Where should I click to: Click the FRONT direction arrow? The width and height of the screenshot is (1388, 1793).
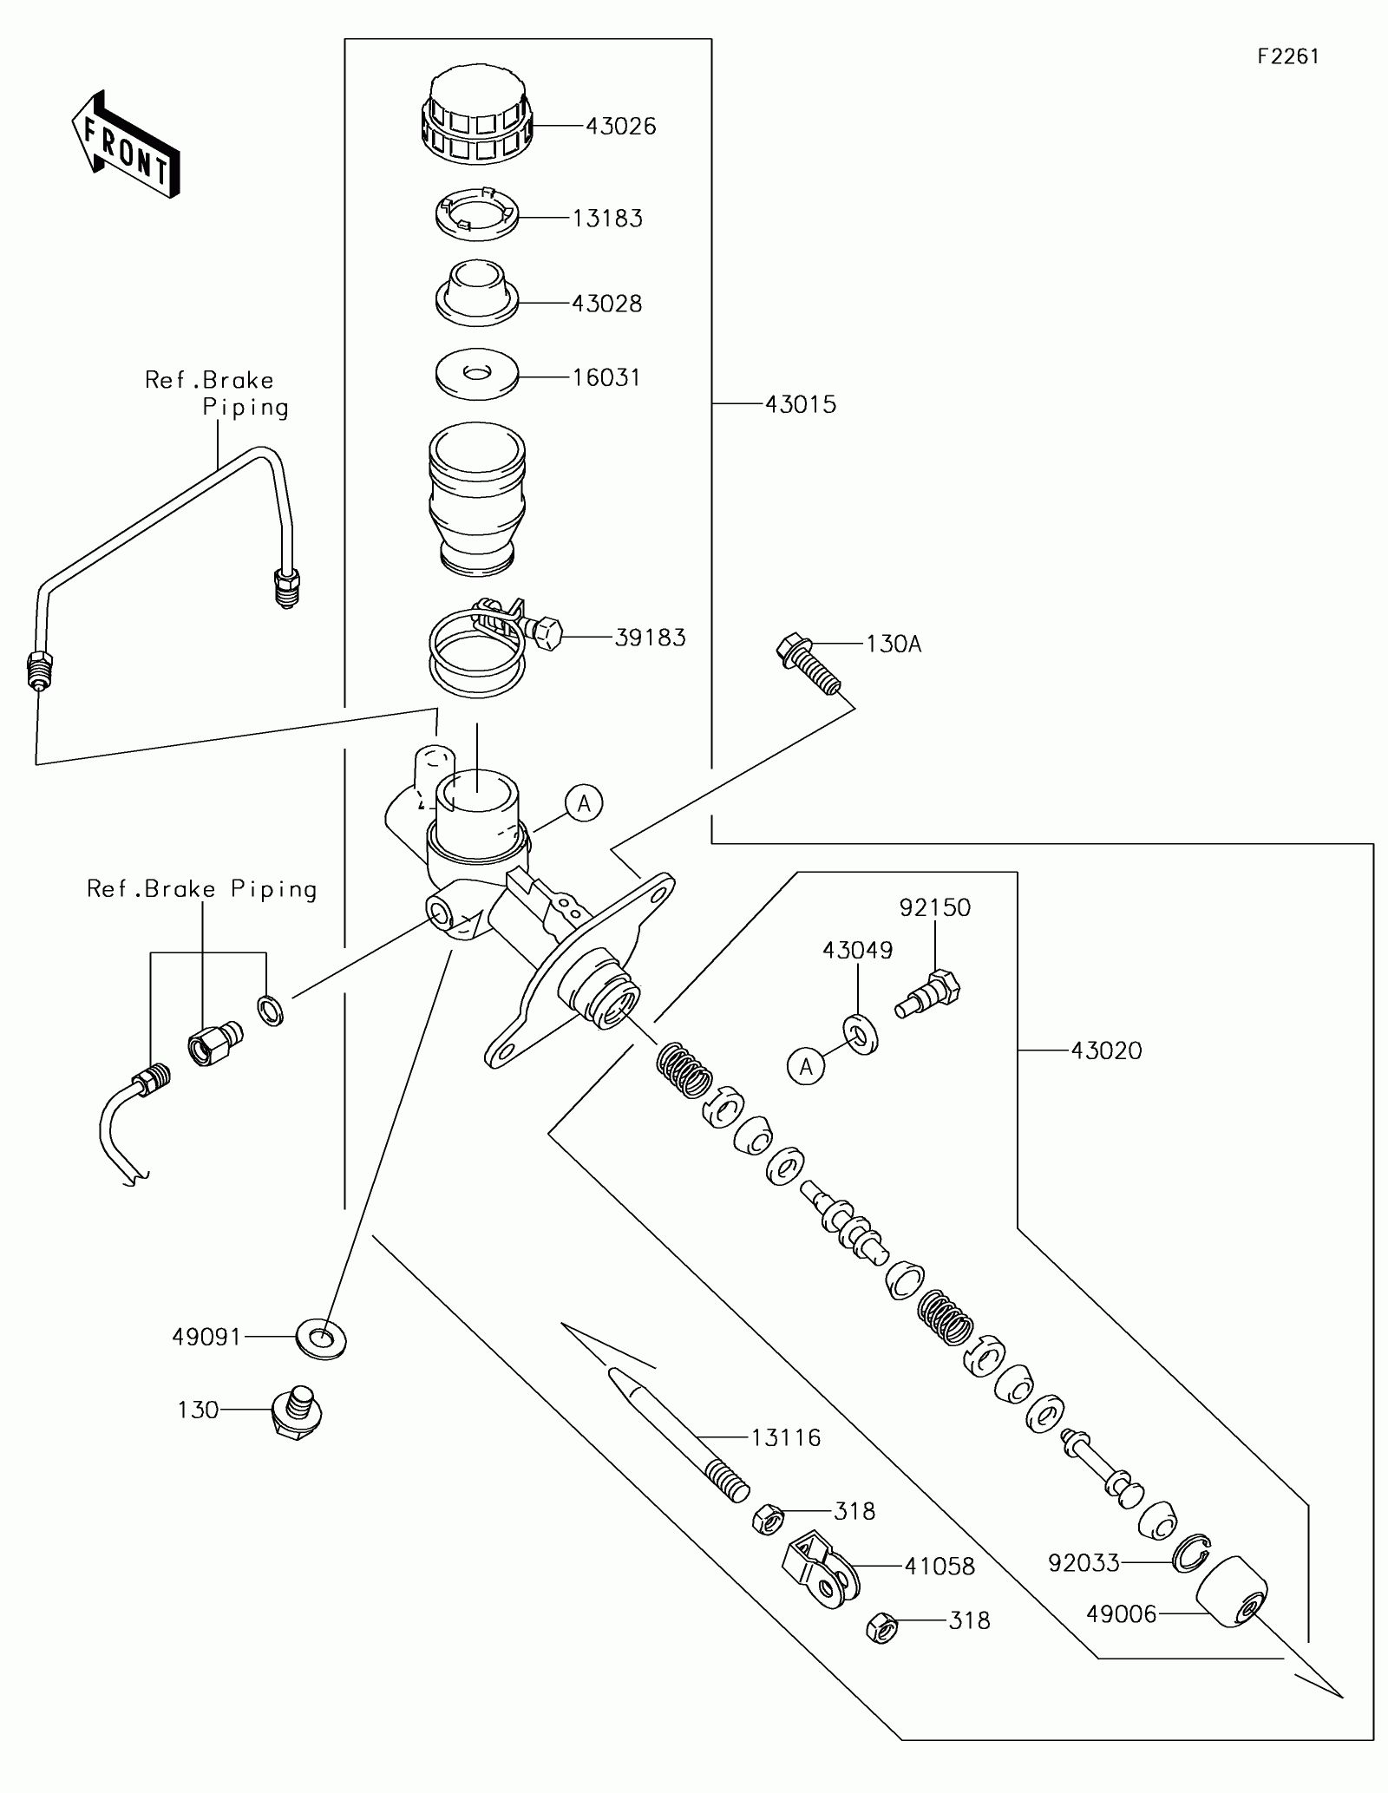pyautogui.click(x=126, y=145)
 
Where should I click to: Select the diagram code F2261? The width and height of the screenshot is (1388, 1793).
pyautogui.click(x=1288, y=56)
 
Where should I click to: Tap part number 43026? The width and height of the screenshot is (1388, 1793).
pyautogui.click(x=621, y=127)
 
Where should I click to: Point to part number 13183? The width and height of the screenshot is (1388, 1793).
pyautogui.click(x=607, y=219)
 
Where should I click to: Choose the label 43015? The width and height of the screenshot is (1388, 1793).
pyautogui.click(x=801, y=404)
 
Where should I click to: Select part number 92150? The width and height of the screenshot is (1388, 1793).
pyautogui.click(x=935, y=908)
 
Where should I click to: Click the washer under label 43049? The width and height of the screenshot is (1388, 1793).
pyautogui.click(x=860, y=1033)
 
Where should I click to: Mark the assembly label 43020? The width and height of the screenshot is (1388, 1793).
pyautogui.click(x=1106, y=1051)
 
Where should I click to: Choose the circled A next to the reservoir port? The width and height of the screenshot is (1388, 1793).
pyautogui.click(x=584, y=804)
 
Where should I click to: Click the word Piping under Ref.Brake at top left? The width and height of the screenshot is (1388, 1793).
pyautogui.click(x=246, y=409)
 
